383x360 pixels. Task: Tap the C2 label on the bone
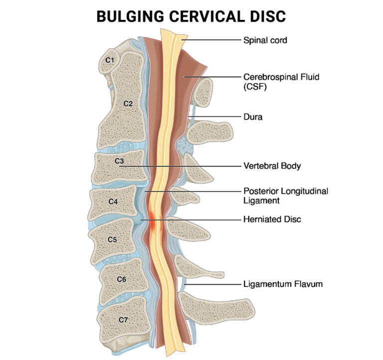point(128,104)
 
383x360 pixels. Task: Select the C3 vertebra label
point(119,162)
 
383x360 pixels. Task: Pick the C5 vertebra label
point(112,239)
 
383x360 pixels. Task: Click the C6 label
point(121,279)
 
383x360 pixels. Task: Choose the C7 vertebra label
point(123,319)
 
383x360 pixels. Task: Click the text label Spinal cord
point(265,40)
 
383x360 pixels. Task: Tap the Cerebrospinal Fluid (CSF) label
point(274,82)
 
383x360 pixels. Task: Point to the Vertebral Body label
point(272,166)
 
